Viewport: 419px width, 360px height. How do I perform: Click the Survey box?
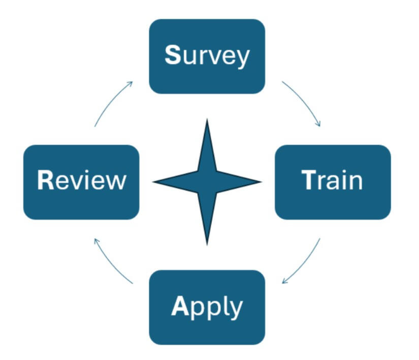[x=207, y=56]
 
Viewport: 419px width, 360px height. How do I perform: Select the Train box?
[x=333, y=182]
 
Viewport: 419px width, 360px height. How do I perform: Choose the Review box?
[x=81, y=182]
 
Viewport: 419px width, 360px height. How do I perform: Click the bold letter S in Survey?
[x=173, y=56]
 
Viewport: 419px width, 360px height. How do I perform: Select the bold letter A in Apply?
[x=180, y=306]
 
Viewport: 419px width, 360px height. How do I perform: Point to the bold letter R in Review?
[x=45, y=181]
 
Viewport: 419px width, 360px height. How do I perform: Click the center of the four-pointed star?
[x=207, y=181]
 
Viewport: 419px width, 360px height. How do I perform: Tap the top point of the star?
[x=207, y=121]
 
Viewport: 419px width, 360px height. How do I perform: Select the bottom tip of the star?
[x=207, y=244]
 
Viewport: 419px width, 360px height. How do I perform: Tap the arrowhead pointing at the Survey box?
[x=131, y=83]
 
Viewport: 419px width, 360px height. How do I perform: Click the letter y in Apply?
[x=236, y=309]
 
